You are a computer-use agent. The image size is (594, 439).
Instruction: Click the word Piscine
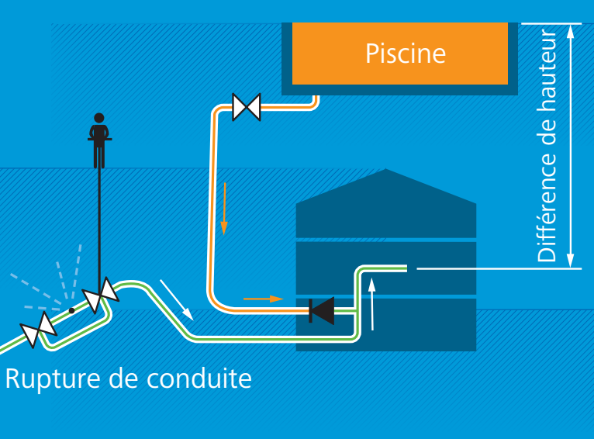[406, 54]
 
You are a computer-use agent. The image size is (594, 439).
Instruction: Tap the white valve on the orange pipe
[247, 107]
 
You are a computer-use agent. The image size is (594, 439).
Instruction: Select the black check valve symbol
[322, 311]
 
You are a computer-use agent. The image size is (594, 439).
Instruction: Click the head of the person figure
[99, 118]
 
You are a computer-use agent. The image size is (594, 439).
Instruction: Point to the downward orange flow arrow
[224, 209]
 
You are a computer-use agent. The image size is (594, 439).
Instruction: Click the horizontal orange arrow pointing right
[264, 299]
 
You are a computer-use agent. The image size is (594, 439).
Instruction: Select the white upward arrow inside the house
[372, 304]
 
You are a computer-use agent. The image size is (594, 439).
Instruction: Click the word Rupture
[53, 379]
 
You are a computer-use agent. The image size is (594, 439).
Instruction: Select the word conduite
[199, 378]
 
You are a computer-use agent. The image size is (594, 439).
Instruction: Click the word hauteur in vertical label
[547, 71]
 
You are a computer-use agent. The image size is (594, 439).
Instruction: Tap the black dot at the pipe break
[71, 310]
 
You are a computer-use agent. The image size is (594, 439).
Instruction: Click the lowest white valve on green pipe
[38, 330]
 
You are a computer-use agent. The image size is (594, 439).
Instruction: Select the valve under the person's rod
[101, 296]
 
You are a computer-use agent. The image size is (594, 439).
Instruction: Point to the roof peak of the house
[385, 169]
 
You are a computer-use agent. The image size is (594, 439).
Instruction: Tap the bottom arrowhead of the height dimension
[571, 261]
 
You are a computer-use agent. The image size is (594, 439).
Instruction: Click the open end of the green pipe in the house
[406, 268]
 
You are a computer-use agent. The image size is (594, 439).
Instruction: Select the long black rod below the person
[99, 223]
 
